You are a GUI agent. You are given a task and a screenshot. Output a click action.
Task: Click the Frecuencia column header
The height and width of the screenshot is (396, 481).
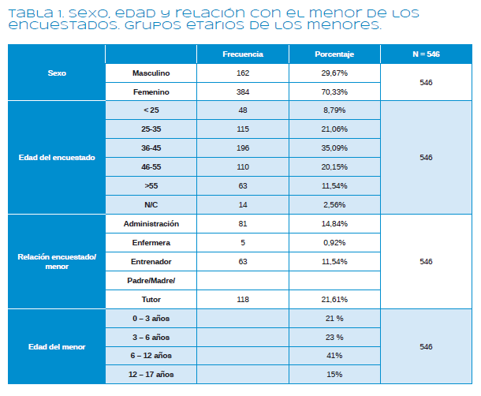point(242,54)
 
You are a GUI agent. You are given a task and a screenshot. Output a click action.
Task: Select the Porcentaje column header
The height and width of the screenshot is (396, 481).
point(334,54)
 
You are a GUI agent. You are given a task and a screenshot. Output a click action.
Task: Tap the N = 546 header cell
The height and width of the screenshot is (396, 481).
point(426,54)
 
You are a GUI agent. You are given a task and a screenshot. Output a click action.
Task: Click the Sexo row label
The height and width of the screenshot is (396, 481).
point(56,73)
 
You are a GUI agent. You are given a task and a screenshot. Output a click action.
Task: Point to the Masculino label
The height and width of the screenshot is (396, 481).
point(151,73)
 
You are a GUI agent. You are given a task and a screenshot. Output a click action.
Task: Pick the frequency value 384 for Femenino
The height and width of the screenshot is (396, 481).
point(242,92)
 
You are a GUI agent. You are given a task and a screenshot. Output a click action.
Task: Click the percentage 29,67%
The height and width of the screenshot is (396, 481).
point(334,73)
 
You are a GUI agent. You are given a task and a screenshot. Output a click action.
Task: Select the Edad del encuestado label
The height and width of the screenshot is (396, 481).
point(56,158)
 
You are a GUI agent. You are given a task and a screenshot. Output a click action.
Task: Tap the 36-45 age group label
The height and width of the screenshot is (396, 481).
point(151,148)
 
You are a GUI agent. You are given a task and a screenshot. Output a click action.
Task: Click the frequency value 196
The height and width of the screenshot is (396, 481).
point(242,148)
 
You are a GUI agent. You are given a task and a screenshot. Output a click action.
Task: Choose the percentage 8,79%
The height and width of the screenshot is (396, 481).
point(334,110)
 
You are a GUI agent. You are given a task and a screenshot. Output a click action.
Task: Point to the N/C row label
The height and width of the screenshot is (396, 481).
point(151,204)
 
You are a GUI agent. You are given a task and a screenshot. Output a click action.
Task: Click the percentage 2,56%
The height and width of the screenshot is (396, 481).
point(334,204)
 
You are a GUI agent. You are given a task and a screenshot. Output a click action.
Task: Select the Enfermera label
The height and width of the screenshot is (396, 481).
point(151,242)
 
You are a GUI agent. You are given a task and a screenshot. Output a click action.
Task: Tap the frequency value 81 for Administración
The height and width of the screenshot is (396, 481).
point(242,224)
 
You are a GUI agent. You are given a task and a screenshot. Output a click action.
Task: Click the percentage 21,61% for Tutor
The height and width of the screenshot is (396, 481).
point(334,300)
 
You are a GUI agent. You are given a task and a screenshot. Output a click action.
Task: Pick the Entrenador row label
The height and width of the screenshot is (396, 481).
point(151,261)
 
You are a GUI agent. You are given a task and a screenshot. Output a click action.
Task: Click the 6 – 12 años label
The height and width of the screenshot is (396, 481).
point(151,355)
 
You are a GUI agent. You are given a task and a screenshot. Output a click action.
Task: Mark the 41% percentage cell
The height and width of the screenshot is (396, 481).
point(334,355)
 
